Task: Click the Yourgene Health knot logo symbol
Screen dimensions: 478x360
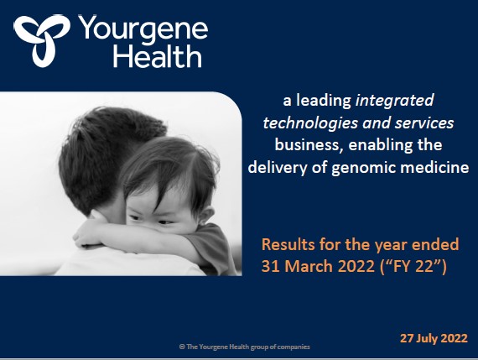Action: click(x=42, y=39)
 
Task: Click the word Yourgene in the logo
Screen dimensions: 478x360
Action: click(x=143, y=30)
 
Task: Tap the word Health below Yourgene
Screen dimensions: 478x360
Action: click(x=158, y=56)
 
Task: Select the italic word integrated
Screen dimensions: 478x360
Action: click(x=395, y=101)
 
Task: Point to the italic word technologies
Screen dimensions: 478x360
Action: click(x=310, y=123)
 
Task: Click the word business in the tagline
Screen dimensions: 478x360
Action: click(x=307, y=144)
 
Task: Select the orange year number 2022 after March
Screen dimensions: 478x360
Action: click(x=356, y=266)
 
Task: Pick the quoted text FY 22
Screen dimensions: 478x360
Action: click(x=413, y=266)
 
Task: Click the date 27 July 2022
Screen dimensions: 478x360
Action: click(x=434, y=338)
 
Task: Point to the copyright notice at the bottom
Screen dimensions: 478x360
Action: click(x=245, y=347)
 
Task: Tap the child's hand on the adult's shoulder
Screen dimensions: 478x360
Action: click(x=87, y=237)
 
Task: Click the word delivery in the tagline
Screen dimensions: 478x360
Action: click(x=278, y=168)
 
